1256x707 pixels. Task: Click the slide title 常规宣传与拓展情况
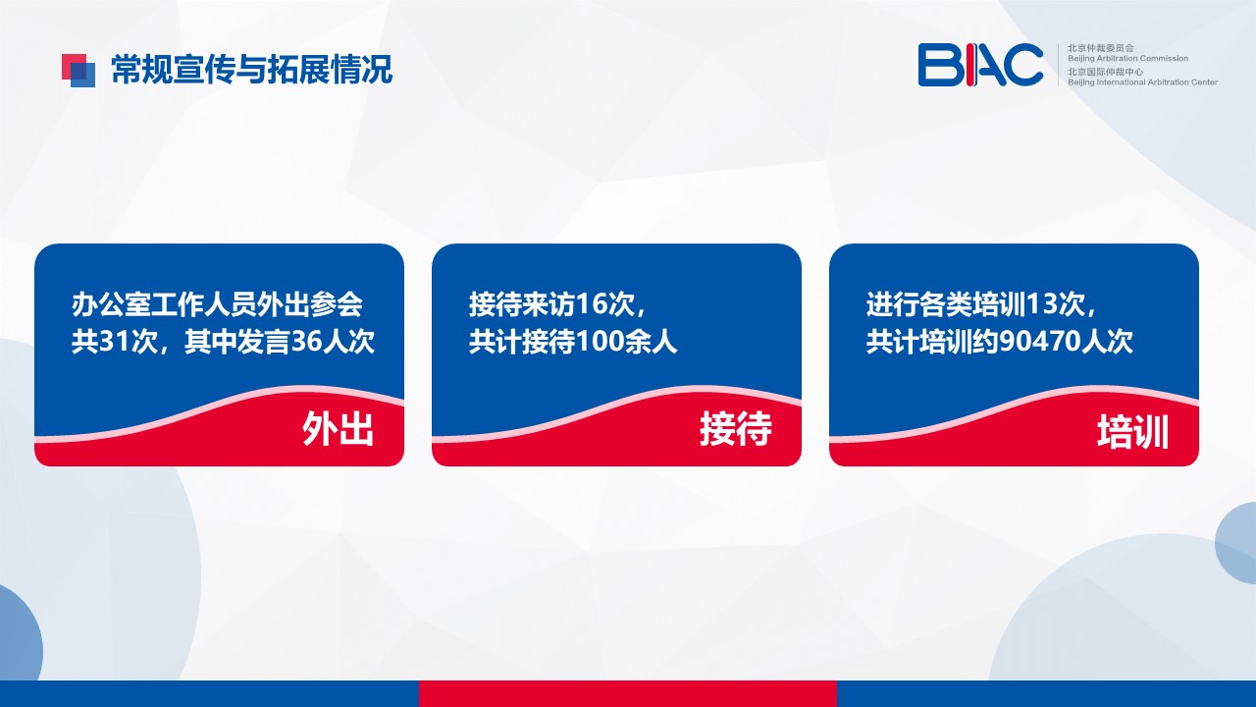pyautogui.click(x=251, y=70)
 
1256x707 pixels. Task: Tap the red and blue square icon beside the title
pyautogui.click(x=78, y=70)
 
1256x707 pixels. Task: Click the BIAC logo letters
pyautogui.click(x=980, y=65)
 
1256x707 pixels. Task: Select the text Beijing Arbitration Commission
pyautogui.click(x=1127, y=58)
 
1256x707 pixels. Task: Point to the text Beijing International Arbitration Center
pyautogui.click(x=1142, y=82)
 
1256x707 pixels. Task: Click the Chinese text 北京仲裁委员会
pyautogui.click(x=1101, y=48)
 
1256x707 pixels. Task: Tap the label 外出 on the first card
pyautogui.click(x=338, y=429)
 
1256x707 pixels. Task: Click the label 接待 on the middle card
pyautogui.click(x=735, y=429)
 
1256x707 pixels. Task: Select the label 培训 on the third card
pyautogui.click(x=1132, y=431)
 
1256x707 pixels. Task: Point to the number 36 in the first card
pyautogui.click(x=305, y=341)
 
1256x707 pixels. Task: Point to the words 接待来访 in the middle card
pyautogui.click(x=522, y=304)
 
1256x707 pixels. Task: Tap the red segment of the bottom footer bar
pyautogui.click(x=627, y=693)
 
